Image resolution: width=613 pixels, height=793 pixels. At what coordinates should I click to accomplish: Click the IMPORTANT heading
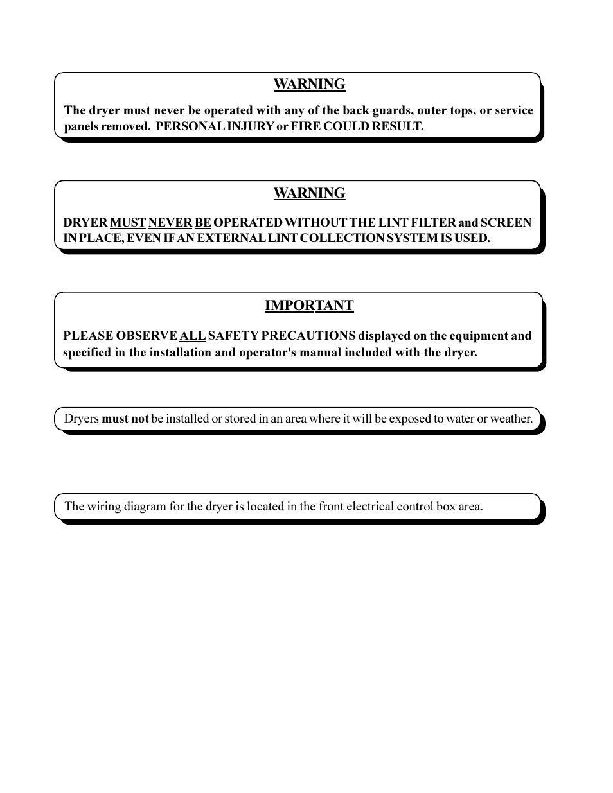click(x=309, y=306)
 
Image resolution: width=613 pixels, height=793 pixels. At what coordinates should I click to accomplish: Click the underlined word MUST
click(x=128, y=223)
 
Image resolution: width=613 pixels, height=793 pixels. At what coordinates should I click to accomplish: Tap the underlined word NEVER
click(x=170, y=223)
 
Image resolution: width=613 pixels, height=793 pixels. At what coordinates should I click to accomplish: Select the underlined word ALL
click(x=192, y=336)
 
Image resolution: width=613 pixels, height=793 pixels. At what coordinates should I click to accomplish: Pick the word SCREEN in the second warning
click(x=506, y=223)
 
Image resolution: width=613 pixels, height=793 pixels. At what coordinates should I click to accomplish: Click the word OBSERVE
click(x=147, y=336)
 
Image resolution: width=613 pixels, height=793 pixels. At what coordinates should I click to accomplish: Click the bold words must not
click(x=125, y=419)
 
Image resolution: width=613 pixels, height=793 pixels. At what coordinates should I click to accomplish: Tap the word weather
click(x=511, y=419)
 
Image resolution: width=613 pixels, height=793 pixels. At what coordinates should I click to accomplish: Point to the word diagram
click(x=145, y=507)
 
